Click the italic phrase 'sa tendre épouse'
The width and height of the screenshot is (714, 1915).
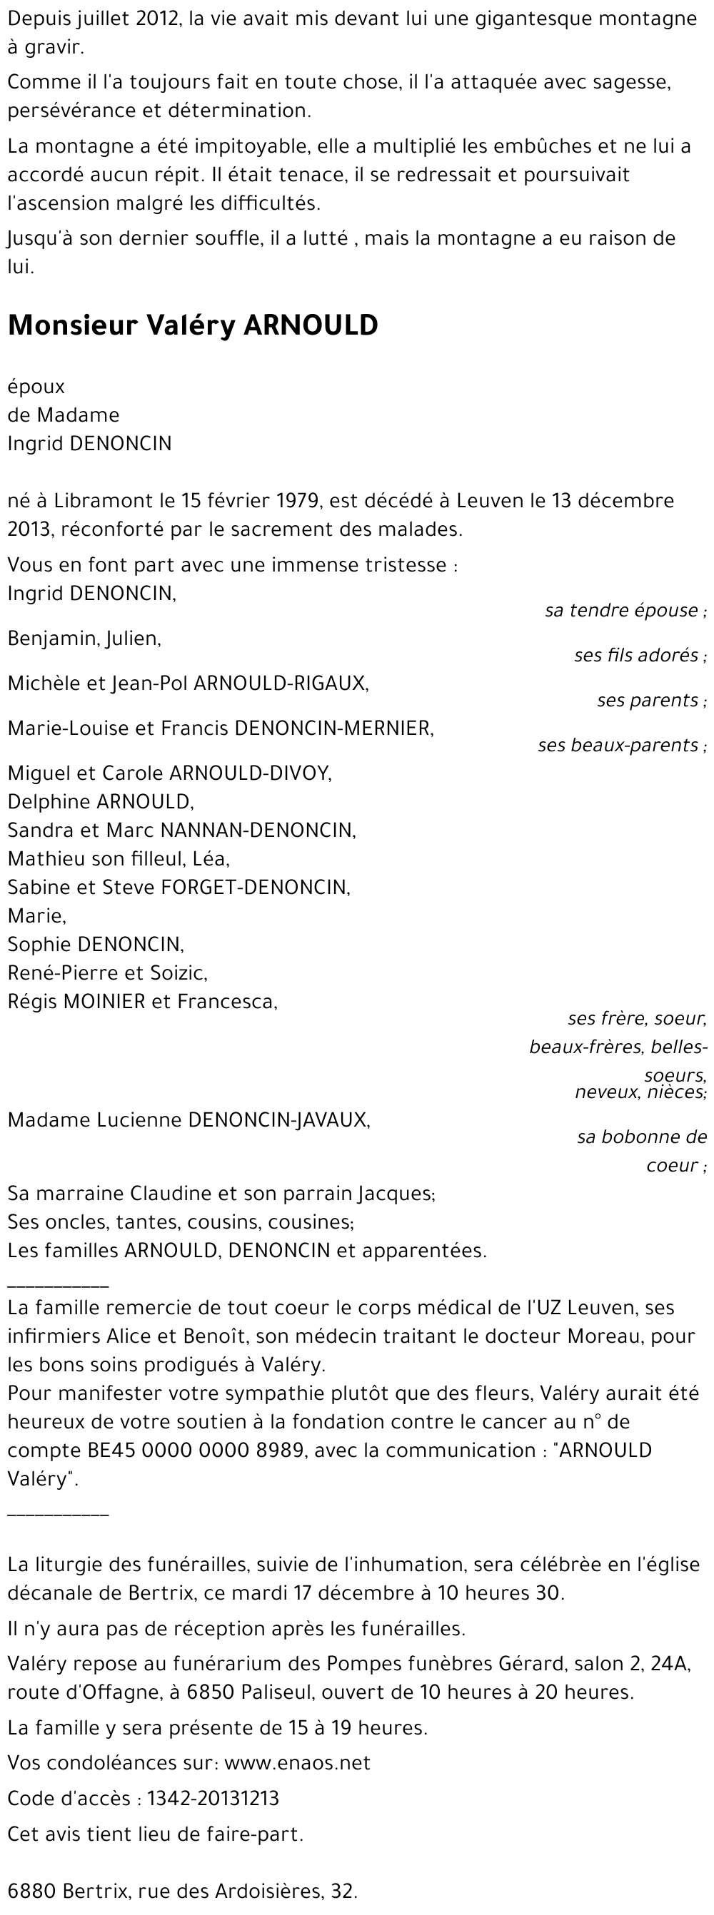(x=622, y=610)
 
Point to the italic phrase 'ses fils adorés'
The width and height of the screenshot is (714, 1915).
(x=636, y=655)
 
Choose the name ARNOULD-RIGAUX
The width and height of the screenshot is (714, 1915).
(x=281, y=684)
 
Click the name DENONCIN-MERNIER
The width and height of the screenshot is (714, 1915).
(x=333, y=728)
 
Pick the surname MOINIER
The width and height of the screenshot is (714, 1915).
(x=104, y=1001)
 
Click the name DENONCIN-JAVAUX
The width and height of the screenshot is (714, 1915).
(x=279, y=1119)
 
